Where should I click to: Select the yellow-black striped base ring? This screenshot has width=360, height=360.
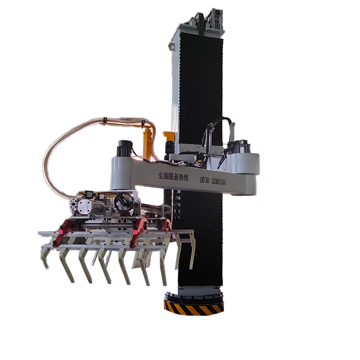click(x=194, y=305)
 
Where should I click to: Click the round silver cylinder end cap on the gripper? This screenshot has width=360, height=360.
click(x=84, y=207)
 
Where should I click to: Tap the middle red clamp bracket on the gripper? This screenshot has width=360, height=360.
click(x=138, y=227)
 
